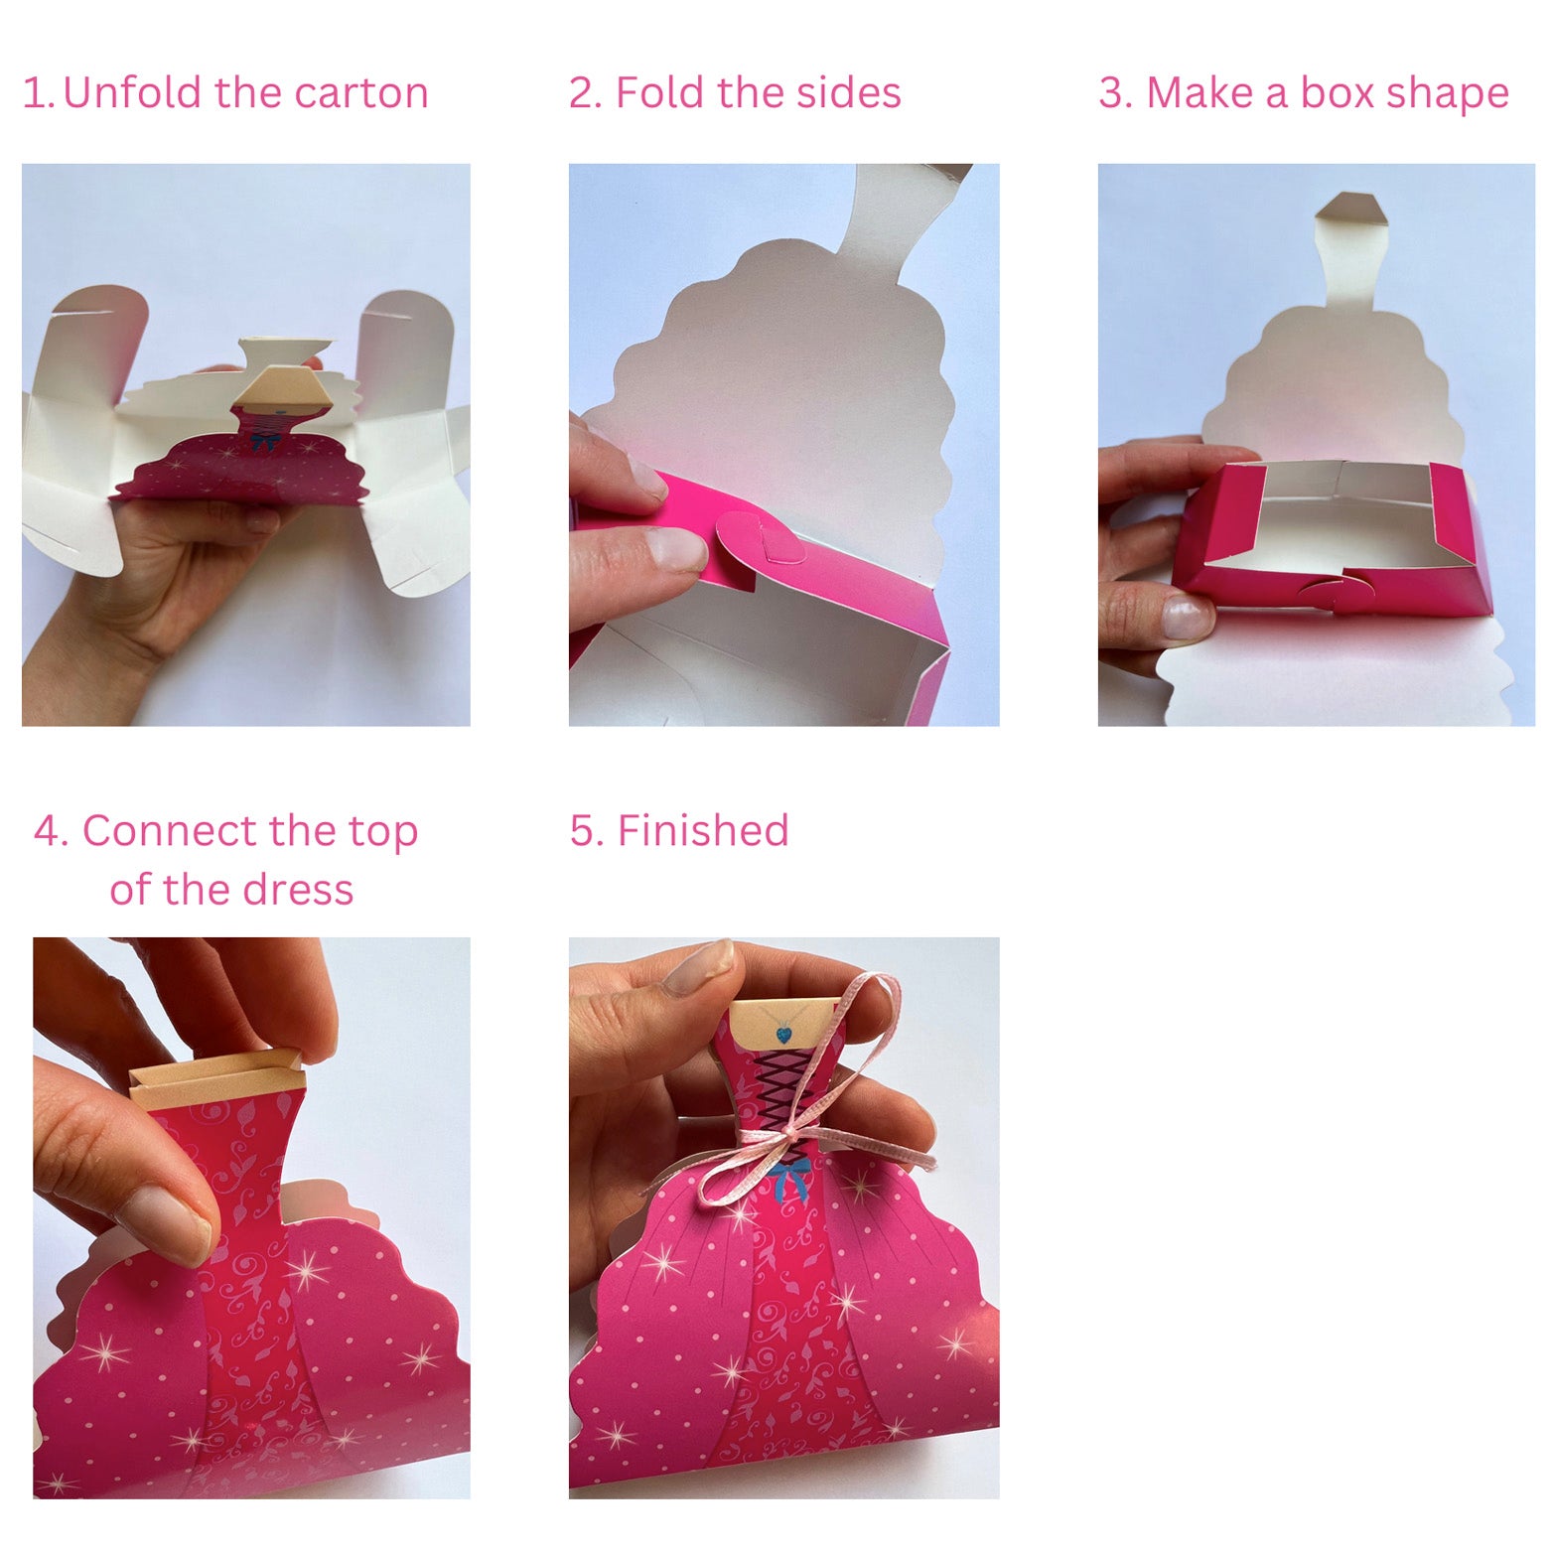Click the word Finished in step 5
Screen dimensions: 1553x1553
(x=703, y=830)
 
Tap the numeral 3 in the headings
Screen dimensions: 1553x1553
(x=1111, y=93)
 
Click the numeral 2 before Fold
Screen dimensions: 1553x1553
(x=581, y=93)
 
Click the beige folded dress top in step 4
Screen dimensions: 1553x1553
(x=215, y=1079)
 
